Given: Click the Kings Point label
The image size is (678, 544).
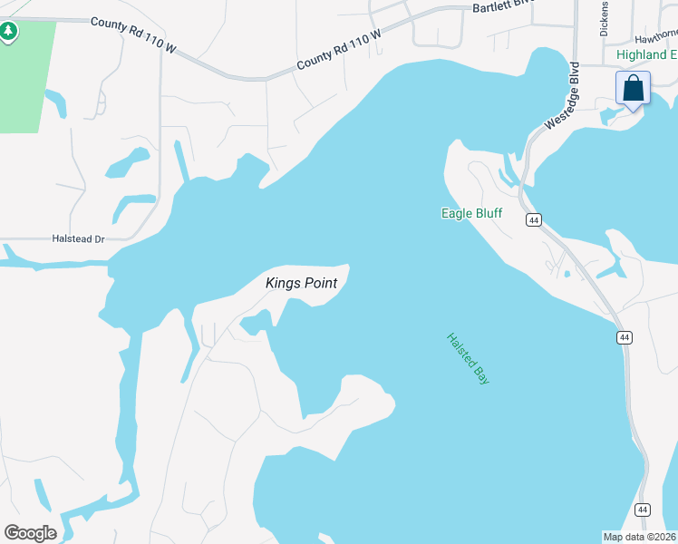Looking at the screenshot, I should point(301,283).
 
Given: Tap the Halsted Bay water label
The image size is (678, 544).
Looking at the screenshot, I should point(468,359).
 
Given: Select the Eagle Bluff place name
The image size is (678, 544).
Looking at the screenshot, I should point(470,214).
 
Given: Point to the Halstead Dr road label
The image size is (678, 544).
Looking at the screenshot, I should point(80,239).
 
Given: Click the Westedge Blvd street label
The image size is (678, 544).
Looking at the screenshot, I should point(561,96).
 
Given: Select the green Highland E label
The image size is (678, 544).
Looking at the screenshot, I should point(646,54).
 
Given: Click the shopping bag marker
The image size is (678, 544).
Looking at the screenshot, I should point(633,89).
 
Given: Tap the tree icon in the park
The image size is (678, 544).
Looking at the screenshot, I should point(9,32).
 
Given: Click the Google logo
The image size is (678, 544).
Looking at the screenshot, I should point(30,532).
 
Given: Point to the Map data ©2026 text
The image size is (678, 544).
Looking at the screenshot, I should point(639,537).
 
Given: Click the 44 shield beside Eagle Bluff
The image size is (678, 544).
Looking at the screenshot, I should point(533,220).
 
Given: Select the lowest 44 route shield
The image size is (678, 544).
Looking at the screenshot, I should point(642,510).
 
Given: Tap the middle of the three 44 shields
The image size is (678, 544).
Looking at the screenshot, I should point(624,337).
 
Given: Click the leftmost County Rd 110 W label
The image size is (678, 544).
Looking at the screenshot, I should point(132,34).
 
